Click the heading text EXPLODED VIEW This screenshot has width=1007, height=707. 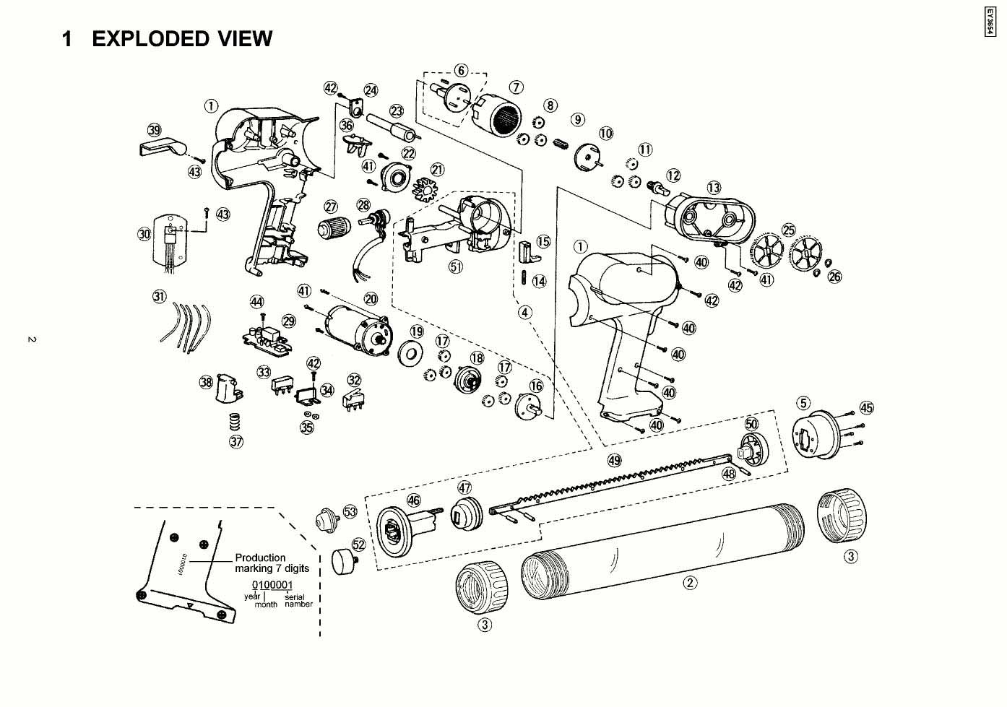[181, 39]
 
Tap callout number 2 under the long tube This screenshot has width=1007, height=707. [691, 583]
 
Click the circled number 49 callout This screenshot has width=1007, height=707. [614, 460]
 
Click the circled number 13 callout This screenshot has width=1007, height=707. [714, 188]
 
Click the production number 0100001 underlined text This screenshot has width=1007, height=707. [272, 584]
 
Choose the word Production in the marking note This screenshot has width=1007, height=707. [260, 558]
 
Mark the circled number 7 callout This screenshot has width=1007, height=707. [517, 87]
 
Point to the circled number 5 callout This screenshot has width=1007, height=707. [804, 402]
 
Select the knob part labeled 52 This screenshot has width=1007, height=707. [342, 560]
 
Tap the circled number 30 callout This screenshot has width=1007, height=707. [144, 233]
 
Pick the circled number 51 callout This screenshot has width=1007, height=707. [456, 266]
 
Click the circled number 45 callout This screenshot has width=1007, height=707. [867, 408]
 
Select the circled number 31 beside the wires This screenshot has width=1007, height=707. [159, 296]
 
